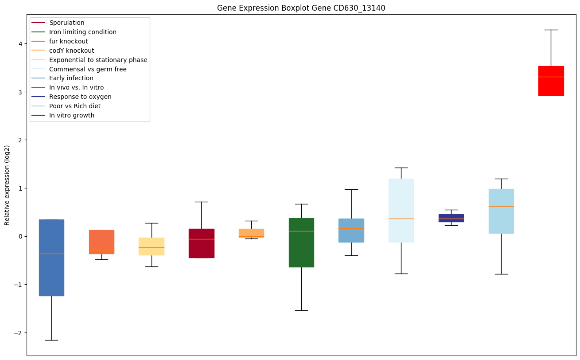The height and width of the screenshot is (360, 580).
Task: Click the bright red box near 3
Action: (x=551, y=81)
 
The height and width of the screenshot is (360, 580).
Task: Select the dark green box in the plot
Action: (x=301, y=243)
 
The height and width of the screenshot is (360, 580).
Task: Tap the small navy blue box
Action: (x=451, y=218)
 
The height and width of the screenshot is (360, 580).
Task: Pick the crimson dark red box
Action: (x=201, y=243)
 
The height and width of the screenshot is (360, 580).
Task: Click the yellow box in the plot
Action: (x=151, y=246)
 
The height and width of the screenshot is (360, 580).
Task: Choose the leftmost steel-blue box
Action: (x=51, y=257)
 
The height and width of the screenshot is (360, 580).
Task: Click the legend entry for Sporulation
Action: (x=67, y=23)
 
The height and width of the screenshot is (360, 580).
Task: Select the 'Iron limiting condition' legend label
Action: (x=83, y=32)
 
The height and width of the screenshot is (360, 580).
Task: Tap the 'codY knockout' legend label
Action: (x=72, y=51)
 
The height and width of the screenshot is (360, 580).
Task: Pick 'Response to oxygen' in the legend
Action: (x=80, y=97)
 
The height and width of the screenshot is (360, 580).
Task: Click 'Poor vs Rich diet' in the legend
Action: (x=75, y=106)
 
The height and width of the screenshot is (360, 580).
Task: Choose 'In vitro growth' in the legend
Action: (x=72, y=115)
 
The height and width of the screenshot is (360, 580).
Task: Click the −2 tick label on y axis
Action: (x=19, y=333)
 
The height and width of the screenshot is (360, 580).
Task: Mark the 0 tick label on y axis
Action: (x=21, y=236)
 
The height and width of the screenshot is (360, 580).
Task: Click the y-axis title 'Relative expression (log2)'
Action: (x=7, y=185)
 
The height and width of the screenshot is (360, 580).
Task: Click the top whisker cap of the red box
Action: (x=551, y=30)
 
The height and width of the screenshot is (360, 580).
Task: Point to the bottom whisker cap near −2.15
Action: (x=51, y=340)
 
